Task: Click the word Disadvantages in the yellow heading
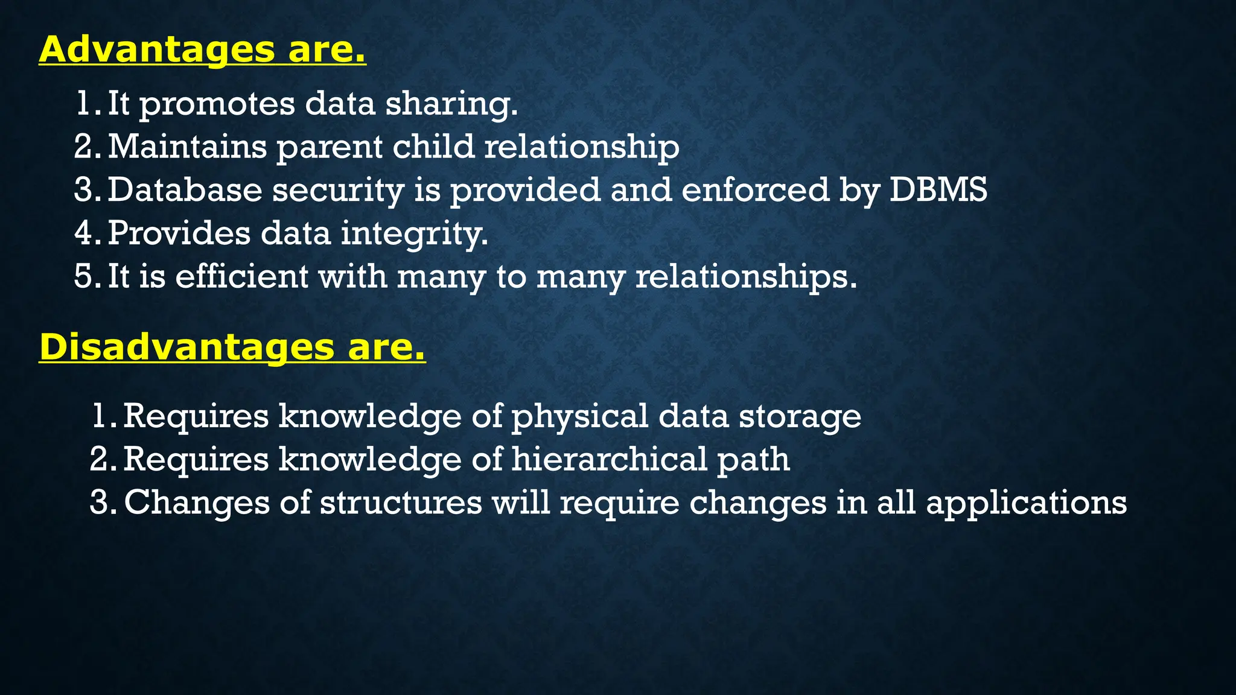click(x=186, y=347)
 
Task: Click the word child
click(x=433, y=147)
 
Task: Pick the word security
click(x=338, y=190)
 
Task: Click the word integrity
click(x=415, y=233)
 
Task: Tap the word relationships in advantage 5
click(x=746, y=276)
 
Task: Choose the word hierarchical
click(x=609, y=459)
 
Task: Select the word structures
click(x=401, y=502)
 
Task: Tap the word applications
click(x=1026, y=503)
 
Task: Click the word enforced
click(x=755, y=190)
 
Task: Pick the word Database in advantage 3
click(x=185, y=190)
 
